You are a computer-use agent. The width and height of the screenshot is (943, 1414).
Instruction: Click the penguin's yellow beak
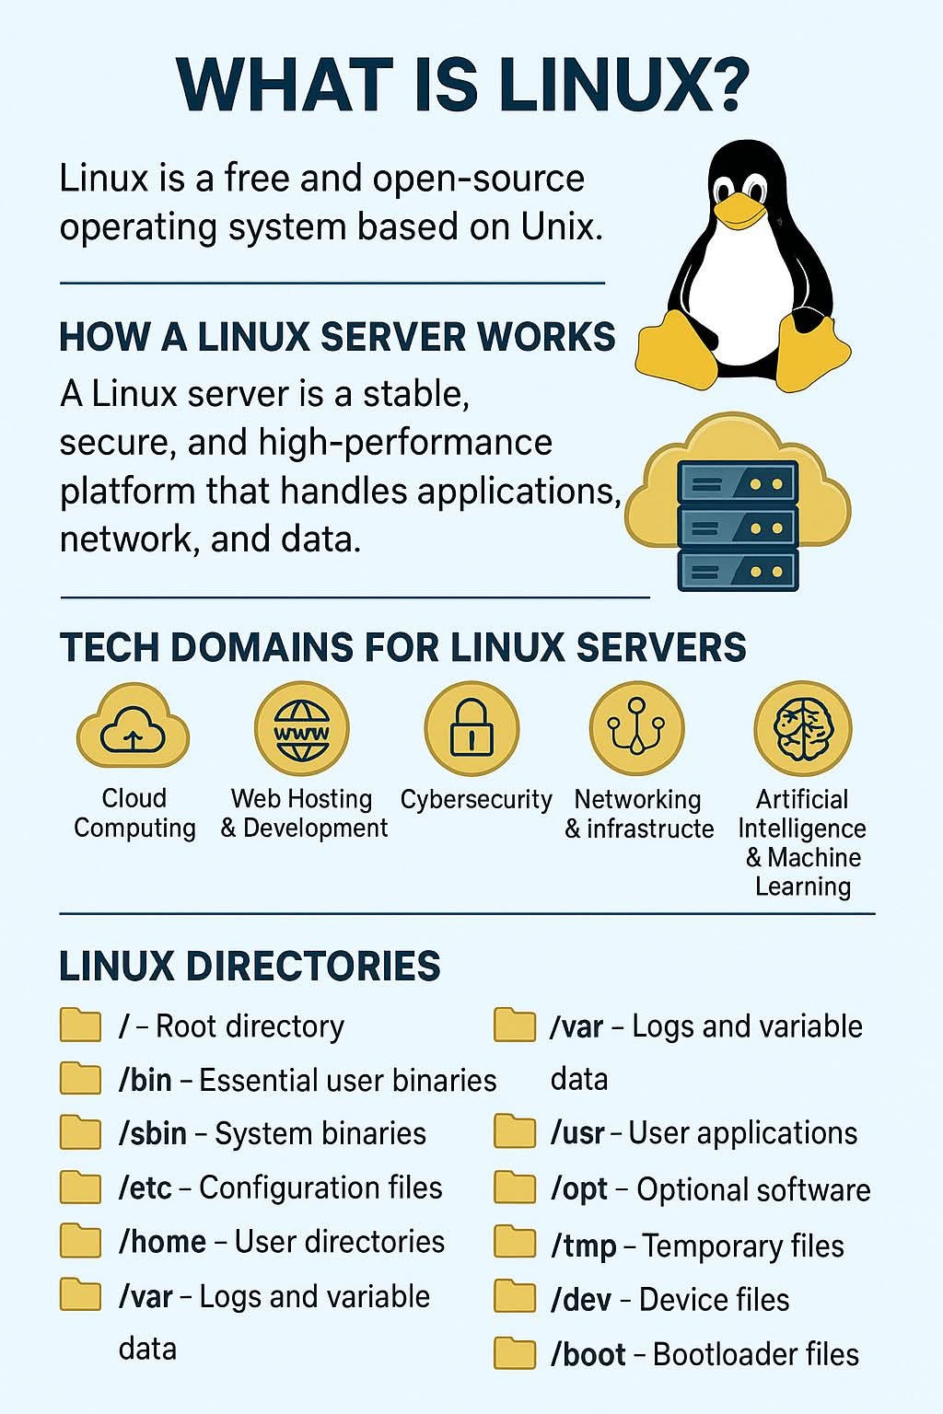[x=739, y=213]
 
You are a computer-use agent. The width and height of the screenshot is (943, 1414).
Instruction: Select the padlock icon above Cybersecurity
[x=471, y=728]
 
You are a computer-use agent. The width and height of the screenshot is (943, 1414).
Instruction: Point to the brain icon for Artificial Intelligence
[x=802, y=729]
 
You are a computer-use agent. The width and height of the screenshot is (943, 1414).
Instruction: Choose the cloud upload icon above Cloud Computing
[x=134, y=728]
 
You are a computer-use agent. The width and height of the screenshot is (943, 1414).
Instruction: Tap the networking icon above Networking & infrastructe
[x=636, y=728]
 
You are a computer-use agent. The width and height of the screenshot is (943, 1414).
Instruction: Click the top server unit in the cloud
[x=737, y=481]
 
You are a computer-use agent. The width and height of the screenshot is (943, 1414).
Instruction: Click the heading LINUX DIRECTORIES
[x=250, y=967]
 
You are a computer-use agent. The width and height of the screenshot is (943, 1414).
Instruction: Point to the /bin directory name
[x=146, y=1080]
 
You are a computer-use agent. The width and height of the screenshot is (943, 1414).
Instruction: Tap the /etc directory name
[x=146, y=1188]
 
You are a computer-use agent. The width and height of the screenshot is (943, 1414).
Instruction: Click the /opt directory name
[x=579, y=1189]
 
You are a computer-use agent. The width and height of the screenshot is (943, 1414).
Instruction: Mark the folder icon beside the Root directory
[x=80, y=1025]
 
